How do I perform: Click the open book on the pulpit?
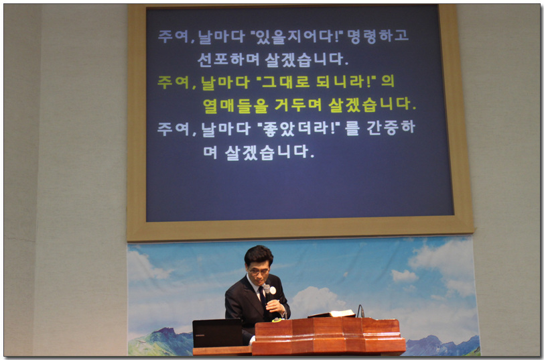(x=332, y=314)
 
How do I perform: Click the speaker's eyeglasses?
(x=259, y=272)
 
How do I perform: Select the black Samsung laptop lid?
(x=218, y=333)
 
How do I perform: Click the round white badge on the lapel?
(x=273, y=290)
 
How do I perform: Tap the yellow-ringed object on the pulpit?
(x=277, y=319)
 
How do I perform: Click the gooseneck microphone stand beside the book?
(x=360, y=312)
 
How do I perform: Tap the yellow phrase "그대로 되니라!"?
(x=316, y=82)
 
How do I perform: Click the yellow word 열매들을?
(x=236, y=106)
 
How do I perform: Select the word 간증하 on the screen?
(x=391, y=128)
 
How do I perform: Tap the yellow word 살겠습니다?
(x=372, y=105)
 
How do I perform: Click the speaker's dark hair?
(x=258, y=255)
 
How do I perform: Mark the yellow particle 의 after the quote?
(x=387, y=81)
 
